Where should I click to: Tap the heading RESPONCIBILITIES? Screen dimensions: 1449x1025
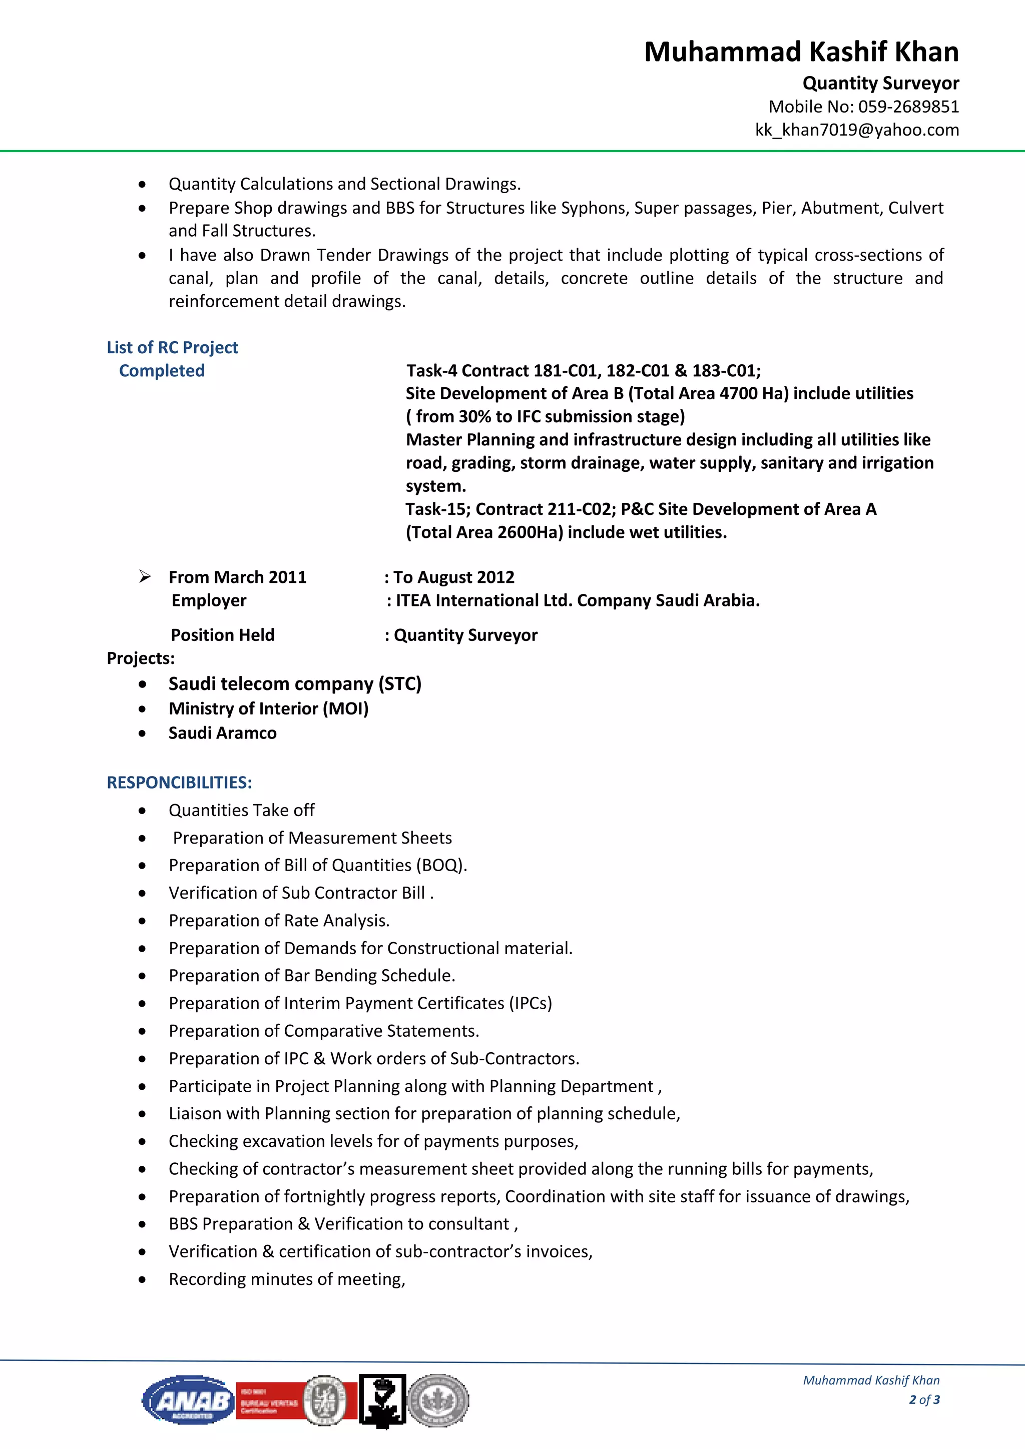(179, 783)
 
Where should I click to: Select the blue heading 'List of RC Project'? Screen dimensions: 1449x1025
(172, 348)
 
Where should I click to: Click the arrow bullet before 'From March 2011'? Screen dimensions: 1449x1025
(145, 576)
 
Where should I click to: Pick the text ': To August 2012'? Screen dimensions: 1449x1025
(449, 577)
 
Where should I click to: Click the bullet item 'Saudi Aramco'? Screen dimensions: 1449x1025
(222, 734)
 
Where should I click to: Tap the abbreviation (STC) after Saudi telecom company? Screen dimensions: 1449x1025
(399, 684)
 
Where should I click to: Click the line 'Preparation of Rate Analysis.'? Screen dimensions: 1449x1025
(279, 921)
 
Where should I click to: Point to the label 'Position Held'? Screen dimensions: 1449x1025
(222, 635)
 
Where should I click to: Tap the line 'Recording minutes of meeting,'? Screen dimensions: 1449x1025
(287, 1279)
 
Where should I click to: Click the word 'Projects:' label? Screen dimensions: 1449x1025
(140, 658)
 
